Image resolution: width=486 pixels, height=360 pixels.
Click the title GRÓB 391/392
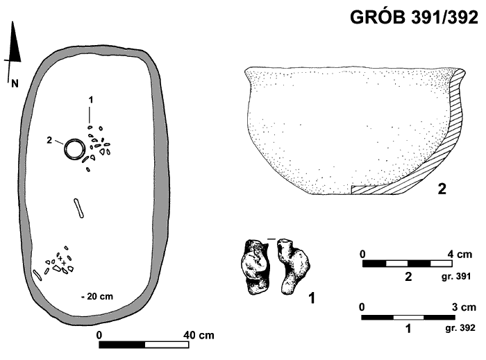pyautogui.click(x=414, y=17)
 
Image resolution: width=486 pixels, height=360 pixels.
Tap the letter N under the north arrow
pyautogui.click(x=15, y=83)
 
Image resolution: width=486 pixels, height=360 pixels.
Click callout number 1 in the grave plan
pyautogui.click(x=90, y=100)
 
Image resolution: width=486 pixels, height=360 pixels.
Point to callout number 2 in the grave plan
pyautogui.click(x=49, y=140)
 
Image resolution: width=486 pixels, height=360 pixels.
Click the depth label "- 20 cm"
pyautogui.click(x=97, y=297)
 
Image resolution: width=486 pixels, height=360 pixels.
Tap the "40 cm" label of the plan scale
pyautogui.click(x=199, y=335)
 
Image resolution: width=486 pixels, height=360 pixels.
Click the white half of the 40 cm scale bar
pyautogui.click(x=167, y=345)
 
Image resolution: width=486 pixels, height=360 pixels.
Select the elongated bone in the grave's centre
pyautogui.click(x=78, y=208)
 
